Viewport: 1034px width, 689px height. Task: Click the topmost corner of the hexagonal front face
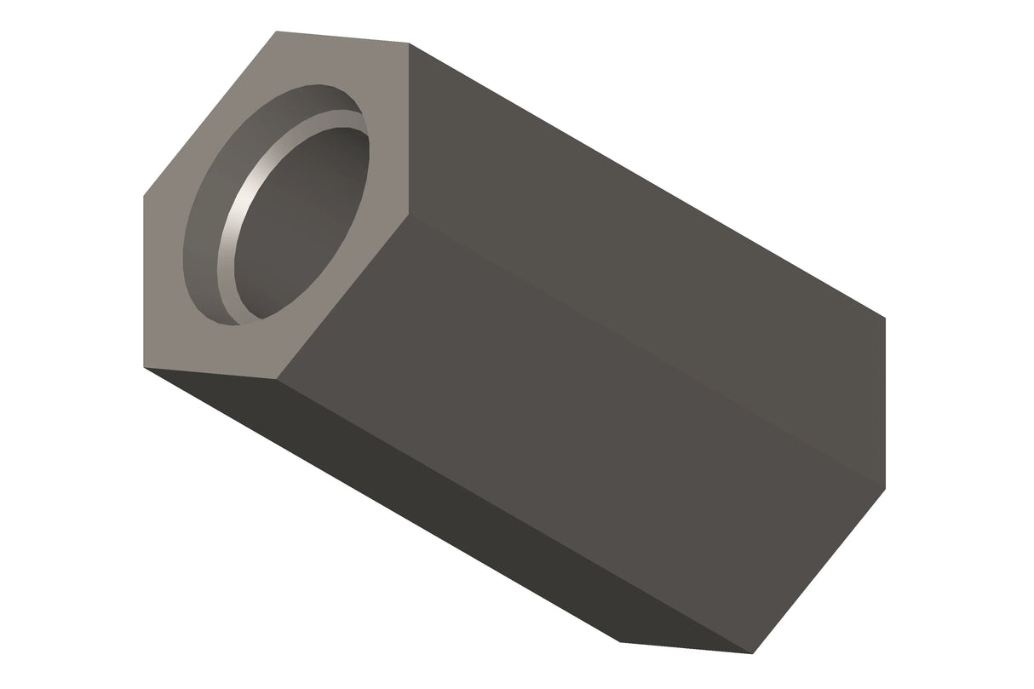(275, 32)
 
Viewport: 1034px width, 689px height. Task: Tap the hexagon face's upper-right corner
(410, 43)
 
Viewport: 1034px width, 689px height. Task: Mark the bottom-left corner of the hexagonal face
(143, 367)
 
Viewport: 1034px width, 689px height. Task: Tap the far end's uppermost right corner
(885, 319)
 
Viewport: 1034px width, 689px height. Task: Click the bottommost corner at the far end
(753, 654)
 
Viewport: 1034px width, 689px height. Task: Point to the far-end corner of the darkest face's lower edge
(618, 641)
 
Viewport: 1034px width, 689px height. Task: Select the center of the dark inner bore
(302, 226)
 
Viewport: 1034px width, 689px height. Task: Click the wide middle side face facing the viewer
(579, 426)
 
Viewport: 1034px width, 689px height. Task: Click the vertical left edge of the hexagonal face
(143, 281)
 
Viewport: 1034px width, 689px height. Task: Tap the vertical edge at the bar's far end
(885, 404)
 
